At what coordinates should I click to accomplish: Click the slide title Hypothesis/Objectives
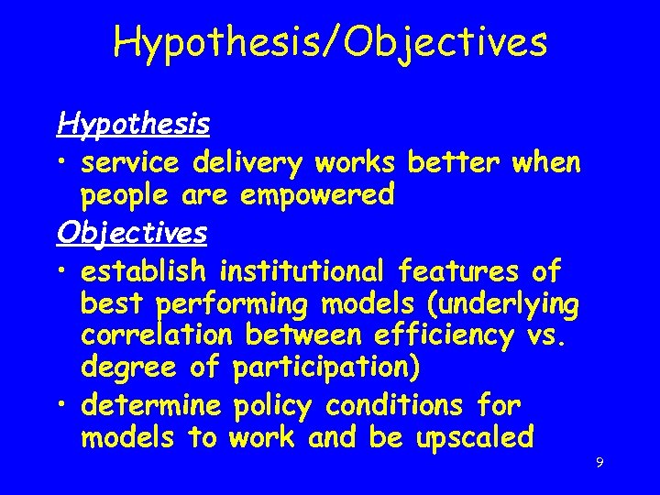tap(330, 42)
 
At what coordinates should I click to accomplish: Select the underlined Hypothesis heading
tap(133, 123)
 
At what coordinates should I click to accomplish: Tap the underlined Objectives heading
tap(131, 233)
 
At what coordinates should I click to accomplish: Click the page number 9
tap(599, 463)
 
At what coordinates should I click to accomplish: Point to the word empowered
tap(318, 194)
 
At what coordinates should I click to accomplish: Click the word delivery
tap(248, 163)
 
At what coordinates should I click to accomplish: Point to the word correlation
tap(152, 335)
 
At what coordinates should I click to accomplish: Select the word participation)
tap(327, 368)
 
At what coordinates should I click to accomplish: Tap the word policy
tap(276, 404)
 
